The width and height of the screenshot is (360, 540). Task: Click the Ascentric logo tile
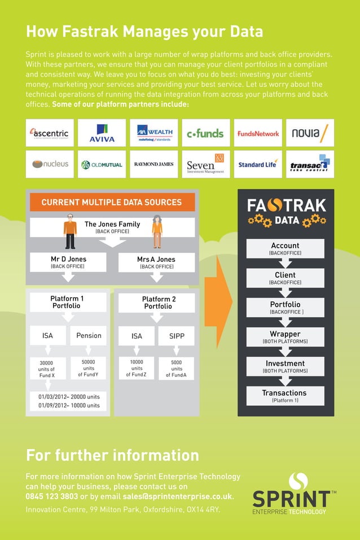[x=50, y=133]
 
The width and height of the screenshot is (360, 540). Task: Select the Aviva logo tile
[x=102, y=133]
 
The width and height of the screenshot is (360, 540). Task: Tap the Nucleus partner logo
[x=50, y=164]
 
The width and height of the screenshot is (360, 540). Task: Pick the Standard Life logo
[x=257, y=164]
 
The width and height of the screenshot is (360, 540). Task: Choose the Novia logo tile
[x=310, y=133]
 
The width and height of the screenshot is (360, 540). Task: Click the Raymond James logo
[x=153, y=164]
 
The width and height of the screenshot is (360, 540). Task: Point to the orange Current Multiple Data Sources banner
[x=112, y=202]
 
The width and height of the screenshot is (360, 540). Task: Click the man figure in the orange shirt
[x=70, y=231]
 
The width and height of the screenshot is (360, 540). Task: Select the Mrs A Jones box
[x=156, y=262]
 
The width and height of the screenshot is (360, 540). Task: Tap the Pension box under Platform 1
[x=89, y=336]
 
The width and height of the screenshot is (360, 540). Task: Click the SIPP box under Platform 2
[x=176, y=336]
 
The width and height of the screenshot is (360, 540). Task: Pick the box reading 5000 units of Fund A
[x=176, y=368]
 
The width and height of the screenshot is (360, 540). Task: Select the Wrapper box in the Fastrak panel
[x=285, y=337]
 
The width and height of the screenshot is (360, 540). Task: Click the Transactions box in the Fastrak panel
[x=285, y=396]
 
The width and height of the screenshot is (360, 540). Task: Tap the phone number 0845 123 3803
[x=51, y=497]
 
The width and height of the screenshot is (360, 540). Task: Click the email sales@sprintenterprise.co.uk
[x=177, y=497]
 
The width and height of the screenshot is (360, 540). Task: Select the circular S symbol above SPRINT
[x=298, y=481]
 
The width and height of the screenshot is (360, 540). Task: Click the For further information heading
[x=112, y=455]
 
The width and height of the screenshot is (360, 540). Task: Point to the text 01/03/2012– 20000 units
[x=69, y=397]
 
